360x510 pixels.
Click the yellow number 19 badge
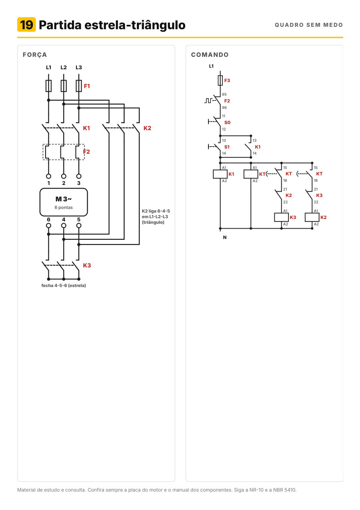click(x=26, y=24)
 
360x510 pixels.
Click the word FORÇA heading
click(x=35, y=55)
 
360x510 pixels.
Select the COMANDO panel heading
click(x=210, y=54)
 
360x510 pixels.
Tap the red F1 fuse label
click(x=87, y=86)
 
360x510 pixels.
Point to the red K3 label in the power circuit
click(x=87, y=265)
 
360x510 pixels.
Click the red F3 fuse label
click(x=227, y=80)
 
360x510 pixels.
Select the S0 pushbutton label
click(x=227, y=122)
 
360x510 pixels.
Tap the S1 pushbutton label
click(x=227, y=147)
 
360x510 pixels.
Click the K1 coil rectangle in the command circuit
click(x=220, y=174)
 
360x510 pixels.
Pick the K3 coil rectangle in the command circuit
click(x=282, y=217)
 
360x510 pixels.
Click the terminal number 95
click(x=224, y=94)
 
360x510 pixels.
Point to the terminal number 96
click(x=224, y=107)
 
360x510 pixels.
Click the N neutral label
click(x=225, y=237)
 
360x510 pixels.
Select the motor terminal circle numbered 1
click(x=48, y=176)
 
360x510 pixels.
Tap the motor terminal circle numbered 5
click(x=79, y=225)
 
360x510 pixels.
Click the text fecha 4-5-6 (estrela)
click(x=64, y=285)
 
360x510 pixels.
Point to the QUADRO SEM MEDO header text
click(x=309, y=25)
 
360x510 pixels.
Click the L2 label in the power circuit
click(x=64, y=67)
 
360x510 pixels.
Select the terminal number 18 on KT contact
click(x=316, y=180)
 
